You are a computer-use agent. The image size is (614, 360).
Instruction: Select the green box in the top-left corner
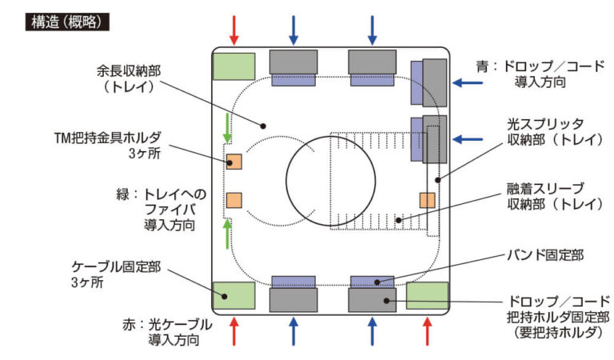[234, 66]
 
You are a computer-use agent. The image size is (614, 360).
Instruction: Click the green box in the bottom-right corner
[426, 295]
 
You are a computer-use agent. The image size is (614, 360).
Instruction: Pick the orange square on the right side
[427, 199]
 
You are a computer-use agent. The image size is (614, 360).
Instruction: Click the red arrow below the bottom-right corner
[427, 330]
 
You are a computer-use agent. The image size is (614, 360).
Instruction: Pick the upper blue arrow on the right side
[468, 82]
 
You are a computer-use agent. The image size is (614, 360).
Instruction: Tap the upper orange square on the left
[234, 161]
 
